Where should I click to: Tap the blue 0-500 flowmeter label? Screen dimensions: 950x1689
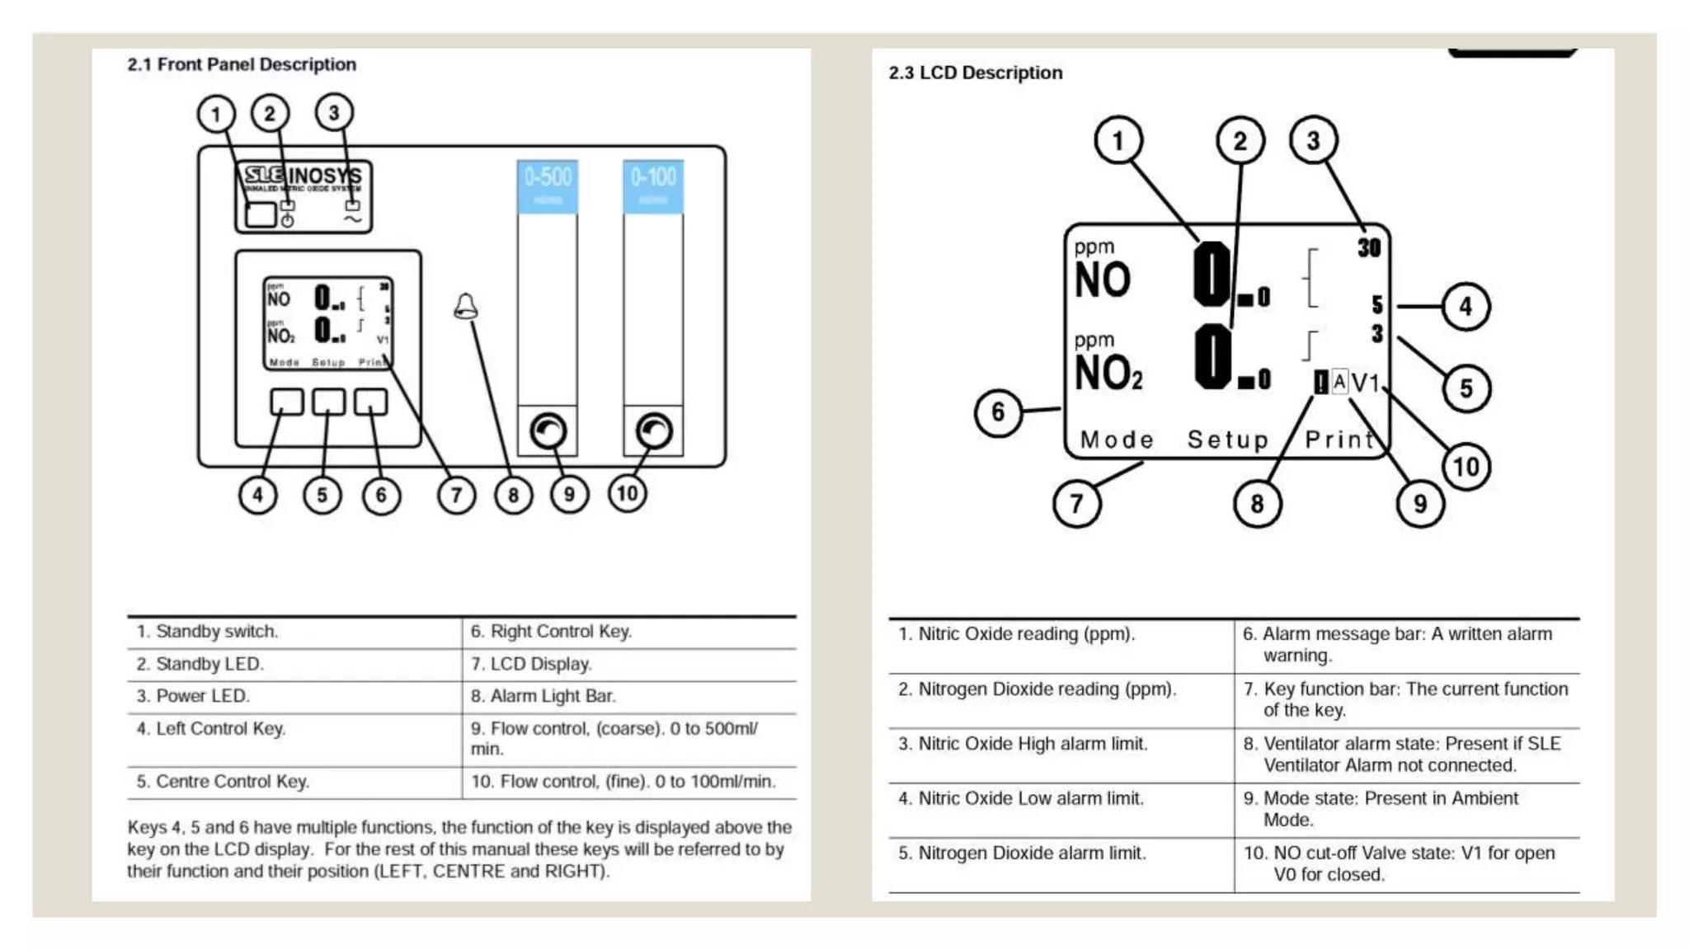[x=548, y=186]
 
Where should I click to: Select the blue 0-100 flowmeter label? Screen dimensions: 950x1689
[x=653, y=186]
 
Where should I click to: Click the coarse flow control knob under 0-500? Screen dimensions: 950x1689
[x=548, y=430]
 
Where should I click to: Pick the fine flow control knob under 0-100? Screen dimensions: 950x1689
[x=654, y=430]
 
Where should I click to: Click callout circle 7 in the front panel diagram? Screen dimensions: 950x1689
[x=456, y=495]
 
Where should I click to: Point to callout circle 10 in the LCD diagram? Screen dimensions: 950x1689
[x=1466, y=467]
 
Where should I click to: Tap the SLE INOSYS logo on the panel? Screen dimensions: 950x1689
[x=303, y=176]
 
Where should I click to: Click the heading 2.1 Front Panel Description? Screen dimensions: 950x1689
[x=242, y=64]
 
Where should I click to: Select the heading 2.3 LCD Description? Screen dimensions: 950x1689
[x=976, y=73]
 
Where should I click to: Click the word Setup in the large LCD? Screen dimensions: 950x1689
[x=1228, y=440]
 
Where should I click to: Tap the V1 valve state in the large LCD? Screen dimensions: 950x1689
[x=1366, y=383]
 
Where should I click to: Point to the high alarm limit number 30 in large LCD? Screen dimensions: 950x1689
[x=1369, y=247]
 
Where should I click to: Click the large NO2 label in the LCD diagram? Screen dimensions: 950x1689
[x=1108, y=373]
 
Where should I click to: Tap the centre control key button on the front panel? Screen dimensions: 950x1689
[x=328, y=402]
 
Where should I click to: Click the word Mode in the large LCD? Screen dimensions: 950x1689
[x=1117, y=440]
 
